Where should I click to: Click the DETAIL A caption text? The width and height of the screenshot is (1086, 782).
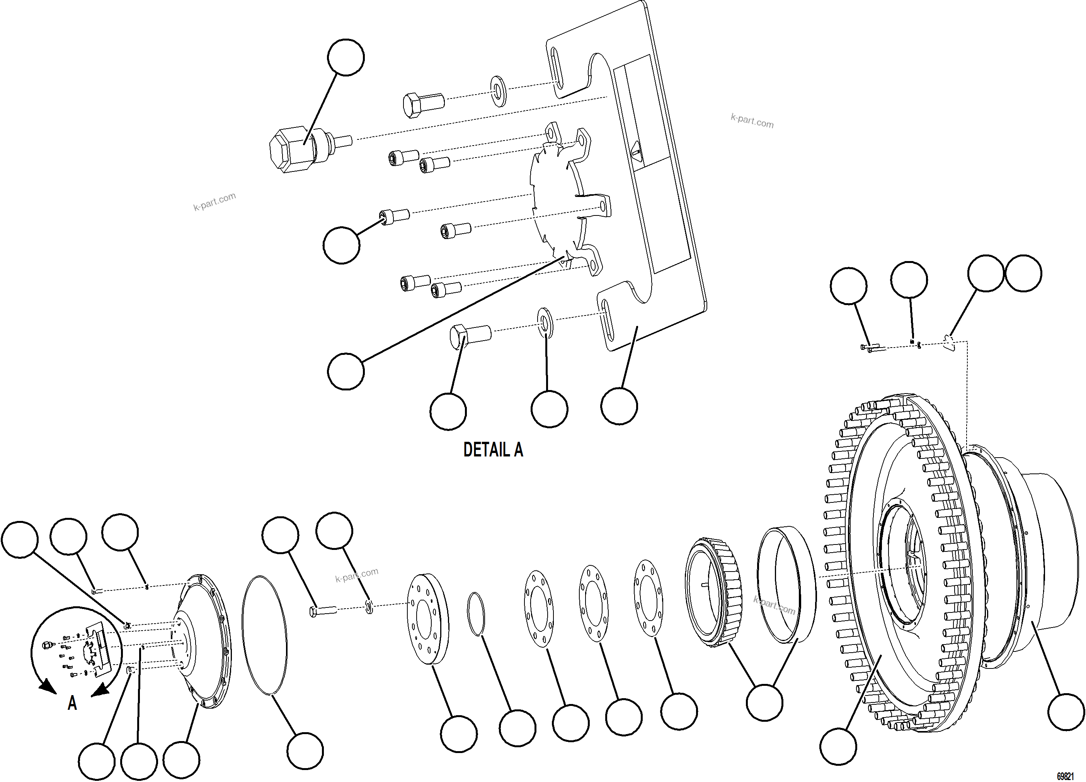(493, 450)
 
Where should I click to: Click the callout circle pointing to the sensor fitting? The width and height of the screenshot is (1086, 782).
(346, 58)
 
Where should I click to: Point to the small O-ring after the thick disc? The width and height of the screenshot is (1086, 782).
(475, 614)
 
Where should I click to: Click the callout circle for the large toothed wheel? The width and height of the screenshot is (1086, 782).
(838, 746)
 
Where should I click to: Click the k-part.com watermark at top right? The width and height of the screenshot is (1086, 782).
(752, 121)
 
